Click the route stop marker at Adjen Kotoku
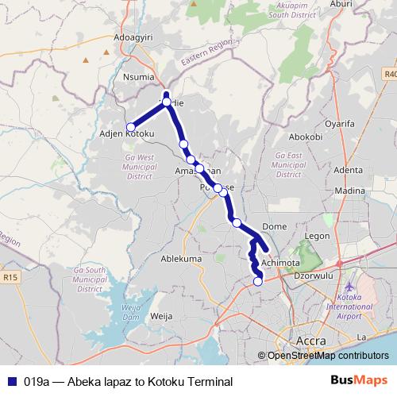[x=131, y=127]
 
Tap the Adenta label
[x=348, y=170]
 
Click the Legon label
[x=317, y=236]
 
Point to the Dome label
[x=274, y=226]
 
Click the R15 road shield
[x=10, y=278]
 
